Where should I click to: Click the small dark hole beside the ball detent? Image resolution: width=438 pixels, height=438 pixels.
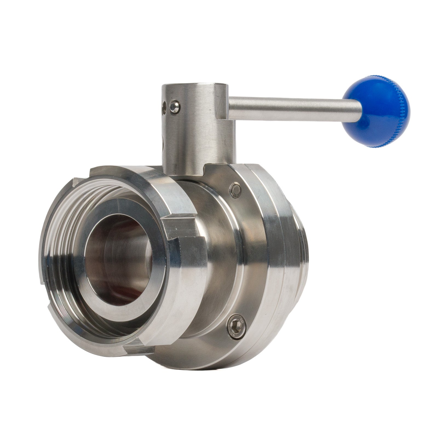tap(165, 106)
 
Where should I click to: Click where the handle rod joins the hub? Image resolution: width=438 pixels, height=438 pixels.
tap(229, 105)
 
